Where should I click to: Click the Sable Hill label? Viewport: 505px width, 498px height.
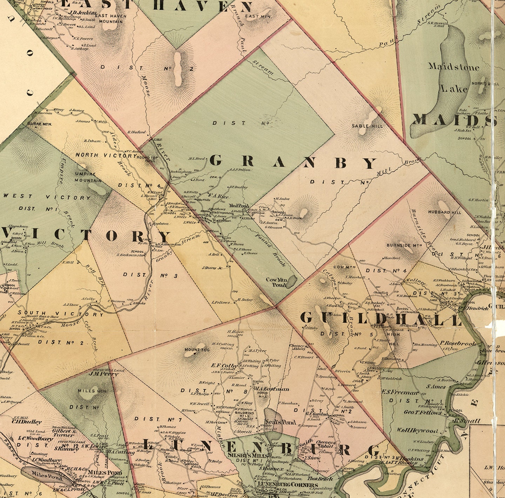point(367,126)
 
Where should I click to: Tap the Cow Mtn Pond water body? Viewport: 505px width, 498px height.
point(291,281)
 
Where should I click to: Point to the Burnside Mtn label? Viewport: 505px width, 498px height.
point(404,245)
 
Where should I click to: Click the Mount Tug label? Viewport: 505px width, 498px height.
point(197,350)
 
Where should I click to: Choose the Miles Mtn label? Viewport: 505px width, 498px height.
point(87,391)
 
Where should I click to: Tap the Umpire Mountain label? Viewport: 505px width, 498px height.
point(88,177)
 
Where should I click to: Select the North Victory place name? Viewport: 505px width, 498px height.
point(106,155)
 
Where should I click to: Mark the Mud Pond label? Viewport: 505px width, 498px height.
point(239,206)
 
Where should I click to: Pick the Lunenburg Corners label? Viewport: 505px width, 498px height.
point(282,485)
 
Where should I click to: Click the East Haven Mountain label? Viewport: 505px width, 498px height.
point(110,19)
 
